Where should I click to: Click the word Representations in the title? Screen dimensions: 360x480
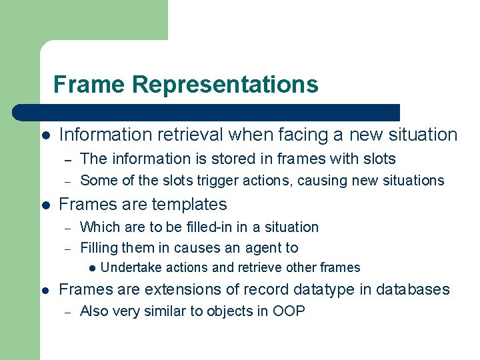(x=225, y=85)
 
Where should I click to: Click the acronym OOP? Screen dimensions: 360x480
(x=289, y=311)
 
